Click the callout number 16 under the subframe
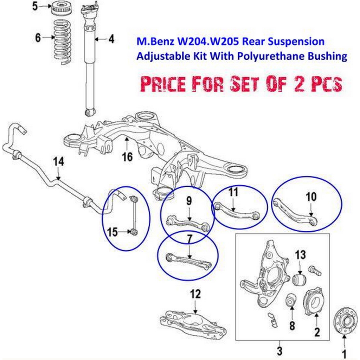128,156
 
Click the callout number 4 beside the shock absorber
111,39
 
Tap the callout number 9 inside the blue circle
189,201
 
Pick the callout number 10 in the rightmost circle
311,197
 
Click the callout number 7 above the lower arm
189,240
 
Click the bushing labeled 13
300,281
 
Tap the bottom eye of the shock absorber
90,112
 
